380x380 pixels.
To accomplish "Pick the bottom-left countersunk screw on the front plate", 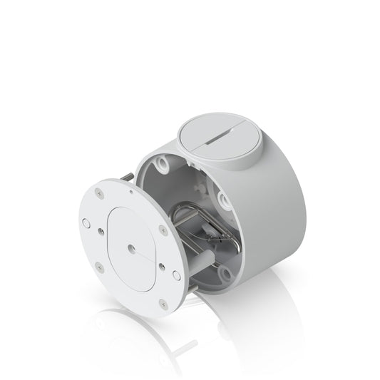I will tap(99, 269).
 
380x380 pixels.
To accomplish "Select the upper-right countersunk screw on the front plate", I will tap(163, 230).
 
